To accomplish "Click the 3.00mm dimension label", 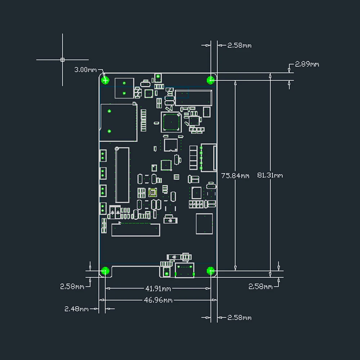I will pos(85,70).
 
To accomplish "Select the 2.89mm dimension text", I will pos(307,64).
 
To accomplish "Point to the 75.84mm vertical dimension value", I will pos(235,176).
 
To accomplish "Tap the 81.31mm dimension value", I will pos(270,175).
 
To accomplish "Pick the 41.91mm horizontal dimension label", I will pos(158,289).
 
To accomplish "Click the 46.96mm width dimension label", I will pos(158,300).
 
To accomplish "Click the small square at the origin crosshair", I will pos(62,60).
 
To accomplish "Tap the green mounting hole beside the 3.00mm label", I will pos(105,80).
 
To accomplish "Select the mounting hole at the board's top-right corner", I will pos(211,80).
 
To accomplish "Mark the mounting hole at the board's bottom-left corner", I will pos(105,271).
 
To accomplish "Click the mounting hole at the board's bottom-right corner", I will pos(211,271).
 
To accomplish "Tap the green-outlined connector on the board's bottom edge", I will pos(185,270).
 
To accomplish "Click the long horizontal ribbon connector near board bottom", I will pos(135,230).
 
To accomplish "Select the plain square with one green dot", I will pos(204,224).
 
